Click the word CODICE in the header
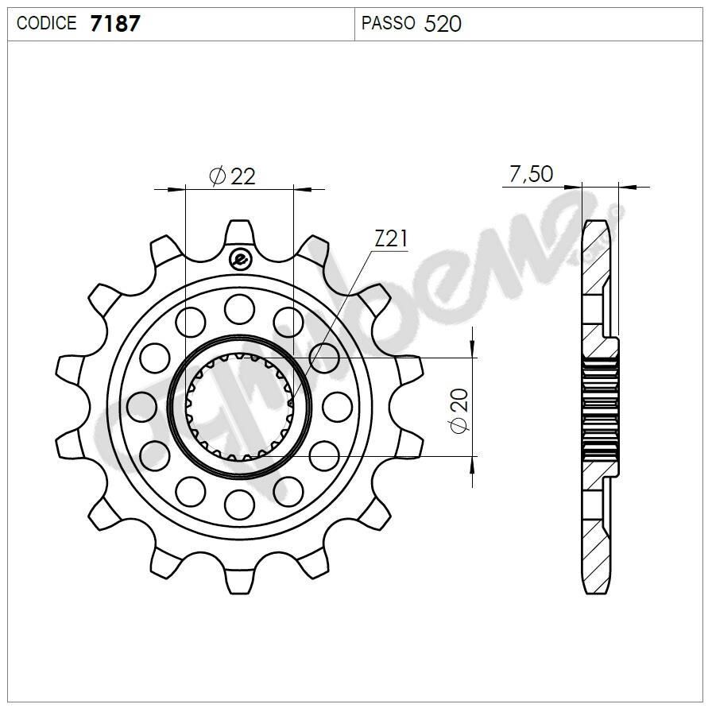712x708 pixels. click(46, 24)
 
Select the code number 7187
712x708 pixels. click(115, 24)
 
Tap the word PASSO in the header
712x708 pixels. click(388, 24)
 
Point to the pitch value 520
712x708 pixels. click(443, 24)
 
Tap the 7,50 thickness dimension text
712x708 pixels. click(531, 174)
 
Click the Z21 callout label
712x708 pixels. click(391, 238)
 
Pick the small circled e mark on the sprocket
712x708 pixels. click(239, 258)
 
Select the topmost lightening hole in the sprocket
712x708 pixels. click(238, 308)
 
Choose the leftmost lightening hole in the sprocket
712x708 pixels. click(141, 406)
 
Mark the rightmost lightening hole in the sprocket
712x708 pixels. click(337, 406)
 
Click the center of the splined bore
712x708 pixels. click(239, 406)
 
